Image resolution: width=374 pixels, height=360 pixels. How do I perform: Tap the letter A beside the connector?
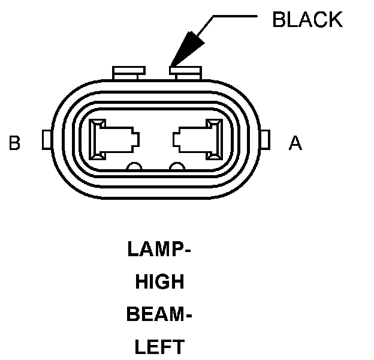pos(295,143)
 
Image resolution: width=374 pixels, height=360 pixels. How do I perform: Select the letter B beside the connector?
pos(15,143)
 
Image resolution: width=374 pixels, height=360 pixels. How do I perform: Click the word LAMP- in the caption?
pos(159,249)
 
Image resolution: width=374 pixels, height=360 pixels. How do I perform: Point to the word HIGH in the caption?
pos(159,281)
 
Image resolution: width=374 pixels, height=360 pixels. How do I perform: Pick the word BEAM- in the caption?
pos(159,314)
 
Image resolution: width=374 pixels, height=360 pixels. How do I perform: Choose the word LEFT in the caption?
pos(159,346)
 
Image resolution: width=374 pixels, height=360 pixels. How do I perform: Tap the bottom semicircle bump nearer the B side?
pos(135,167)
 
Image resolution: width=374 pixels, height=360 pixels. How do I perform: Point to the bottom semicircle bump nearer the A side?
pos(176,167)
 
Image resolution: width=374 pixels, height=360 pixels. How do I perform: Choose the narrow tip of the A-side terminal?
pos(177,139)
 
